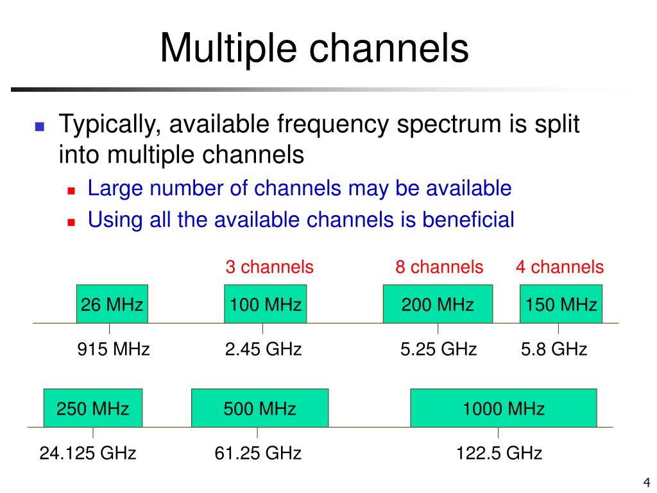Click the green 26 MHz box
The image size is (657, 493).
click(x=112, y=304)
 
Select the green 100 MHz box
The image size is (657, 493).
click(x=265, y=304)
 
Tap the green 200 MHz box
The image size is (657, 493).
click(x=438, y=304)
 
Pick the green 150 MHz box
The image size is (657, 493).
click(x=561, y=304)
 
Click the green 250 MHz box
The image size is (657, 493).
click(x=93, y=408)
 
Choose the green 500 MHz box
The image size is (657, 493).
click(x=259, y=408)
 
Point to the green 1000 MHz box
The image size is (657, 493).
click(x=503, y=408)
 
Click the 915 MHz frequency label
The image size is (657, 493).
click(x=114, y=349)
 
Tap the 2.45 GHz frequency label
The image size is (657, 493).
click(x=263, y=349)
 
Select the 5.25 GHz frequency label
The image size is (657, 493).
click(x=438, y=349)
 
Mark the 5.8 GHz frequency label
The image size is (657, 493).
click(x=554, y=349)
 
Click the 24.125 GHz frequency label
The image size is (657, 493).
click(x=88, y=454)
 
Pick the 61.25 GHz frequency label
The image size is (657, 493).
click(x=258, y=454)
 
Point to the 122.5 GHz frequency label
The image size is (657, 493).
click(x=499, y=454)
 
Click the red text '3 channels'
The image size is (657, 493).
click(x=269, y=267)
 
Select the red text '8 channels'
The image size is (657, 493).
click(x=439, y=267)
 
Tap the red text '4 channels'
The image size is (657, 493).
click(x=559, y=267)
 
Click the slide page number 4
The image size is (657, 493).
click(x=646, y=483)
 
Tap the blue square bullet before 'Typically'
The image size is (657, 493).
click(x=39, y=126)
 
